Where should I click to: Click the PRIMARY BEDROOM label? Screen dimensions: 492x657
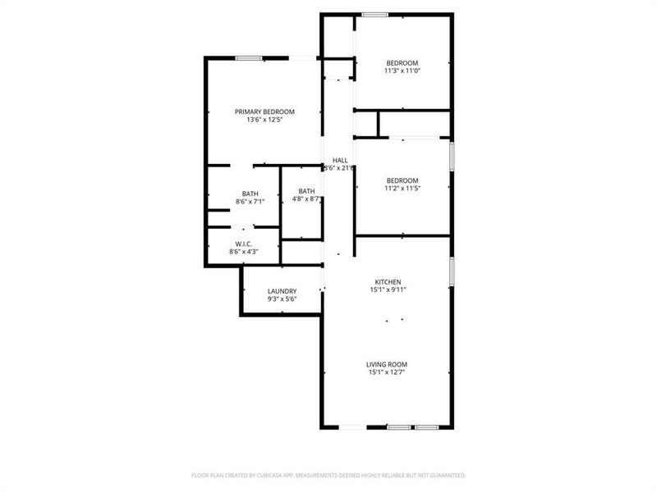[x=264, y=112]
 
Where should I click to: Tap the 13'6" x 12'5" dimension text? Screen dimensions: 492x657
[x=264, y=120]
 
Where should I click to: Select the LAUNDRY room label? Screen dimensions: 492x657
[x=282, y=291]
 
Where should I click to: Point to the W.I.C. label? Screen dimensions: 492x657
[x=243, y=244]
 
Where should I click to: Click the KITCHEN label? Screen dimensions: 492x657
[x=388, y=281]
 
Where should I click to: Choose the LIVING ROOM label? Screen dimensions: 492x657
[x=387, y=364]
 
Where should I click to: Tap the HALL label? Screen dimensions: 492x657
[x=340, y=160]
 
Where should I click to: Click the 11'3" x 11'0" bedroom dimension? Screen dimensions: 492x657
[x=402, y=71]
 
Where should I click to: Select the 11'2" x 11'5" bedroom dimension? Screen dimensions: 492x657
[x=402, y=189]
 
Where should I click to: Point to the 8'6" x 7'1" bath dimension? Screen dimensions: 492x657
[x=250, y=201]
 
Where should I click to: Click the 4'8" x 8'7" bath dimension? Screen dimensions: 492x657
[x=307, y=198]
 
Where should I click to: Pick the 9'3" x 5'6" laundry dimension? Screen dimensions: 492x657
[x=282, y=299]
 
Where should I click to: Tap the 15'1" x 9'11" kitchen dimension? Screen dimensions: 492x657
[x=388, y=289]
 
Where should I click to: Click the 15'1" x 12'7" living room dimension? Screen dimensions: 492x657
[x=387, y=372]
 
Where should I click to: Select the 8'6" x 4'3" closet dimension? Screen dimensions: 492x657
[x=243, y=252]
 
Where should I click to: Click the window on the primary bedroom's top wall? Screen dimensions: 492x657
[x=249, y=57]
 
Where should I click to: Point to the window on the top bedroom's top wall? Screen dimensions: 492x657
[x=375, y=14]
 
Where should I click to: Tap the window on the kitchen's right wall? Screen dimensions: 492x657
[x=451, y=271]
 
